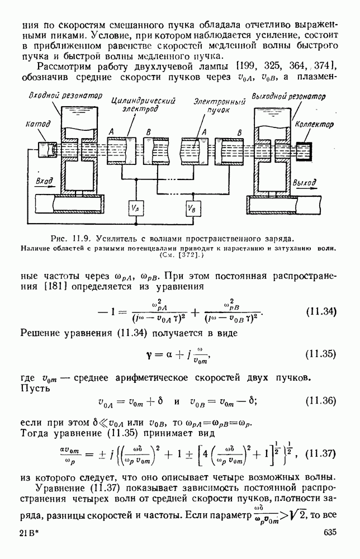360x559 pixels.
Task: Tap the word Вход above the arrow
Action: pos(44,181)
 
